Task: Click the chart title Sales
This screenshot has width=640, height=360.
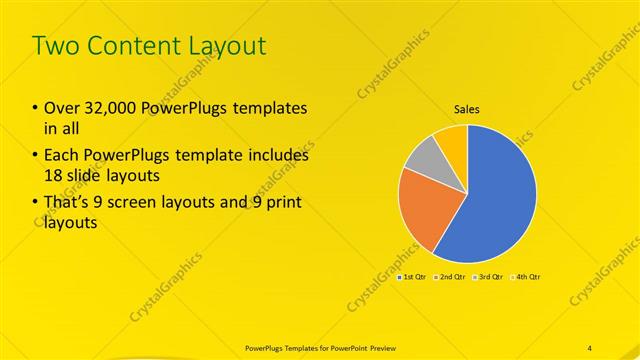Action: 467,109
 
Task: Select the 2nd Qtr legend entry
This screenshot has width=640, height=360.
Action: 449,275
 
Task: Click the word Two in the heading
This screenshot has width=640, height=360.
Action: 55,46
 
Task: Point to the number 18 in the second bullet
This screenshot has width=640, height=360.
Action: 54,176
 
